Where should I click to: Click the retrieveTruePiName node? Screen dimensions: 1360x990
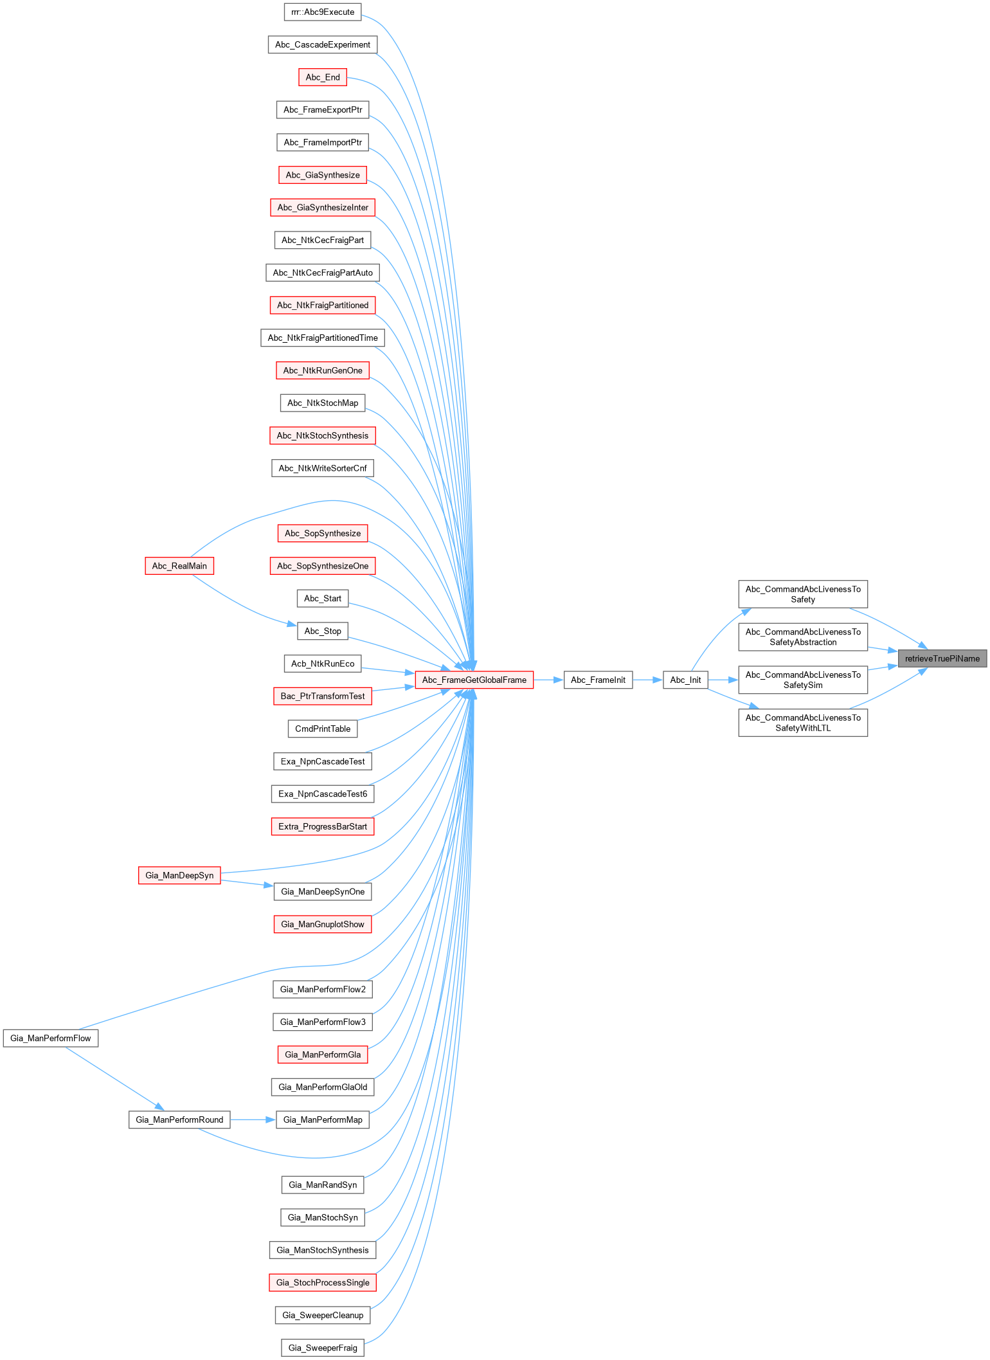point(942,658)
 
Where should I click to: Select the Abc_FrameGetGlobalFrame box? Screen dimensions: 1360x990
point(474,680)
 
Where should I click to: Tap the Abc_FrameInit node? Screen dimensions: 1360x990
point(598,680)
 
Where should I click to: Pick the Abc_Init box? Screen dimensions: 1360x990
point(685,680)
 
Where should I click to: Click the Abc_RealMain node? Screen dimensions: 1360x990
point(179,566)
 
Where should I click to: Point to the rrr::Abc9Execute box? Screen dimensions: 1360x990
point(323,12)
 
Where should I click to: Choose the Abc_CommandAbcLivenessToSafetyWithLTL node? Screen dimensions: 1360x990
point(803,723)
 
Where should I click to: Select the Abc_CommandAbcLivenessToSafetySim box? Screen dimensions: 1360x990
point(803,680)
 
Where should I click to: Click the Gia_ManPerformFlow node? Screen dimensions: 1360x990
point(51,1038)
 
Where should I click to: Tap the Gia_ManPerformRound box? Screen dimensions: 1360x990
point(179,1120)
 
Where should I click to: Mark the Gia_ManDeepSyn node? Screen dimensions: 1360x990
point(179,875)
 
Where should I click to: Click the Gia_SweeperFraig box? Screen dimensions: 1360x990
point(323,1348)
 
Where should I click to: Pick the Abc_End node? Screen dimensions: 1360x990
point(323,77)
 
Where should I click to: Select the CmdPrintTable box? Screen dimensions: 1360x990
point(323,729)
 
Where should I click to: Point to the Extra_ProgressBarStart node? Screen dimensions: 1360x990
point(323,826)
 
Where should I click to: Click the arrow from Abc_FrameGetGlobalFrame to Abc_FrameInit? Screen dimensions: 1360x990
point(548,680)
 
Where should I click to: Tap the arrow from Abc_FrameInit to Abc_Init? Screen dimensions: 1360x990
point(647,680)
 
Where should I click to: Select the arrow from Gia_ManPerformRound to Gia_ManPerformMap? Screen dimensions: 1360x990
point(253,1120)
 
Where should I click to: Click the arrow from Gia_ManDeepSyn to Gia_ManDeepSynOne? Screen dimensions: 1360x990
point(247,883)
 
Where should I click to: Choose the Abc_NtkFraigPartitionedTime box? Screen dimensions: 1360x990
point(323,338)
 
